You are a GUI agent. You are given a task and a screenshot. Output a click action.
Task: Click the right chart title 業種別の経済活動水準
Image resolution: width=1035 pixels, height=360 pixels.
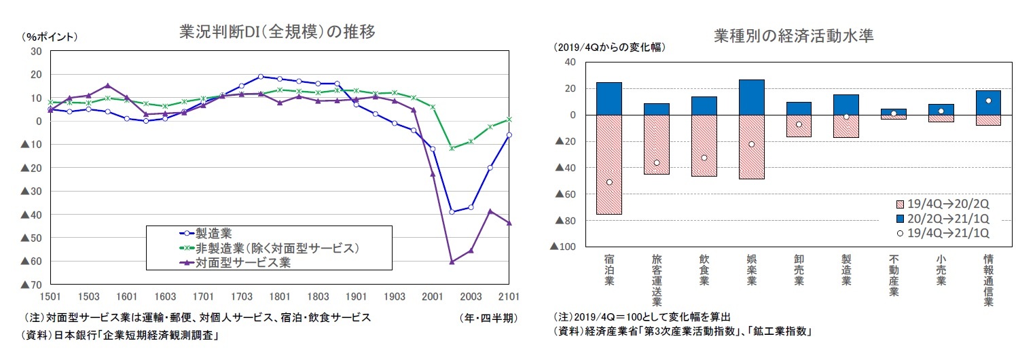pyautogui.click(x=793, y=37)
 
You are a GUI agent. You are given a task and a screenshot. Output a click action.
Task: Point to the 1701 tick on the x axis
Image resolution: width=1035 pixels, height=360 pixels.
pyautogui.click(x=203, y=297)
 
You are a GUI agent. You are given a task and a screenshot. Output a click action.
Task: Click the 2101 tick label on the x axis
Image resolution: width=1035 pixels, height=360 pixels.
pyautogui.click(x=509, y=297)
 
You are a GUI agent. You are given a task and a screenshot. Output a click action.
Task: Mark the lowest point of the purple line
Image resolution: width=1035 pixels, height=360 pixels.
pyautogui.click(x=452, y=262)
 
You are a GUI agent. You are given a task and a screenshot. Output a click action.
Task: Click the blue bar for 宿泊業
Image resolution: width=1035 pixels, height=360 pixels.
pyautogui.click(x=609, y=98)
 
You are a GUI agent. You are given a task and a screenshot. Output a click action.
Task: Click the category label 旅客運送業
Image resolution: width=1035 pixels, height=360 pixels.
pyautogui.click(x=656, y=280)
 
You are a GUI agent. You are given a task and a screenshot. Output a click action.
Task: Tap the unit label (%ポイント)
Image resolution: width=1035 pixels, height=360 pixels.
pyautogui.click(x=50, y=37)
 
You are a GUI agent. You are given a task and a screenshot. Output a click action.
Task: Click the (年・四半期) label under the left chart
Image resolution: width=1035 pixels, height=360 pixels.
pyautogui.click(x=488, y=318)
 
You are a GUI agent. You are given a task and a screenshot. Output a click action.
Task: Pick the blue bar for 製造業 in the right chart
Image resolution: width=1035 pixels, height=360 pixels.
pyautogui.click(x=846, y=105)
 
